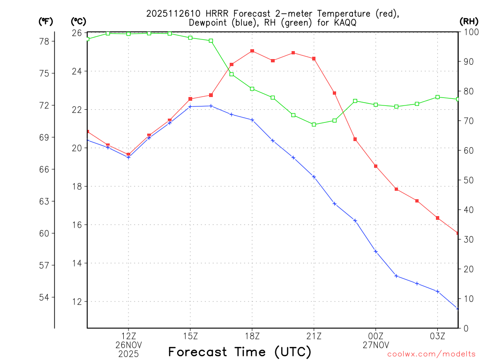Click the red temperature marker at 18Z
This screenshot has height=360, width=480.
(252, 51)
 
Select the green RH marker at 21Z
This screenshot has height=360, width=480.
(314, 124)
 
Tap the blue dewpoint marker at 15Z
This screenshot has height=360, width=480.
(190, 107)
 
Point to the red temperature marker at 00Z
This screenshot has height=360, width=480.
(376, 166)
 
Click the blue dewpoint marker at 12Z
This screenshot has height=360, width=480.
(128, 157)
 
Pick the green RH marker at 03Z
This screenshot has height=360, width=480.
(438, 97)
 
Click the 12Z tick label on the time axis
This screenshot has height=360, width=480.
(128, 336)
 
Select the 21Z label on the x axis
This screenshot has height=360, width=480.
(314, 336)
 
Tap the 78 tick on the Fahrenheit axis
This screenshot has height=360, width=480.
(46, 41)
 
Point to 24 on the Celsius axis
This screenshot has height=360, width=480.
(76, 71)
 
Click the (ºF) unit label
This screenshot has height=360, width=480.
(46, 22)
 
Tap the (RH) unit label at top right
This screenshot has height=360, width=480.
(469, 22)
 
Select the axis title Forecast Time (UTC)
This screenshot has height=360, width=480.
(240, 352)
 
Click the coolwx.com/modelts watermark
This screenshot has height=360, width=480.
(431, 354)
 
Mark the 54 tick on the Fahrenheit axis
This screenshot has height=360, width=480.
(46, 297)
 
